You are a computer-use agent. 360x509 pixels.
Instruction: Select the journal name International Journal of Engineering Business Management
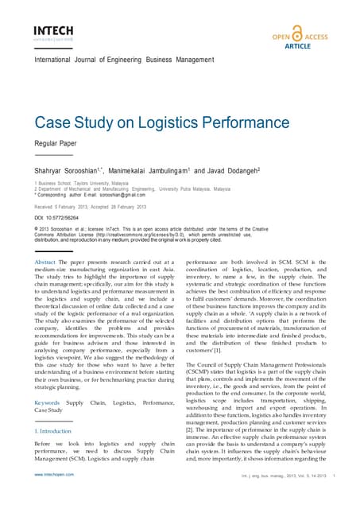135,61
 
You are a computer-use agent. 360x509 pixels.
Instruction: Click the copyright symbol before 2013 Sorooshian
37,229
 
